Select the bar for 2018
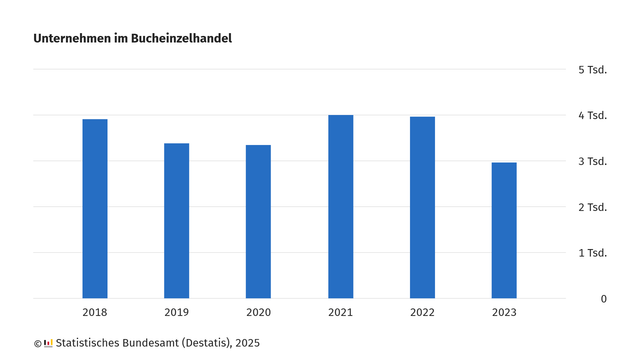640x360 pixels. pos(95,209)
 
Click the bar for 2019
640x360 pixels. pos(176,221)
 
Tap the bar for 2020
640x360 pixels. pos(258,222)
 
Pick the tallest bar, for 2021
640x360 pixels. pos(340,207)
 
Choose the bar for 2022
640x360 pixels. pos(422,208)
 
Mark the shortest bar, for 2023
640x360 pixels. pos(504,230)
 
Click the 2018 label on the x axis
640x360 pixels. pos(95,314)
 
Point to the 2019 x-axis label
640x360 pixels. pos(176,314)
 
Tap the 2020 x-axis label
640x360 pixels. pos(258,314)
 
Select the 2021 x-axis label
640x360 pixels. pos(340,314)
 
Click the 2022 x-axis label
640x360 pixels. pos(422,314)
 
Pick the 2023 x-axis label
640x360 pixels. pos(504,314)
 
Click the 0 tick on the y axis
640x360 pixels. pos(604,299)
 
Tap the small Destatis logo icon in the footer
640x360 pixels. pos(48,343)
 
